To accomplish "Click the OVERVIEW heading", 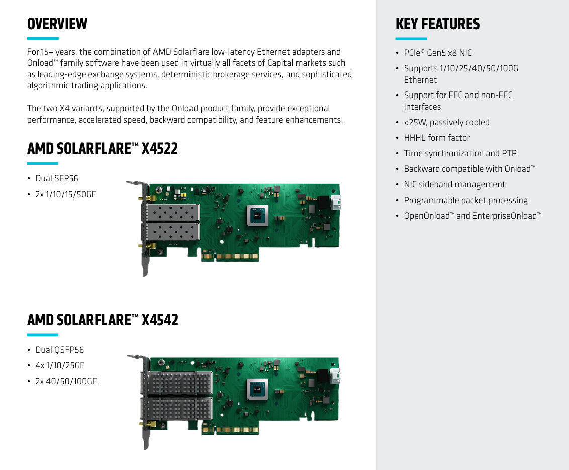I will (x=57, y=24).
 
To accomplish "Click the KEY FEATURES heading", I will (x=437, y=24).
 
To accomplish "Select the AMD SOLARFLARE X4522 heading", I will (x=103, y=148).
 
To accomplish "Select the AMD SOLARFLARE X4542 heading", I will (x=103, y=320).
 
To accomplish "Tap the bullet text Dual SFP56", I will (x=57, y=178).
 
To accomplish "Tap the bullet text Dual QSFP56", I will (x=59, y=350).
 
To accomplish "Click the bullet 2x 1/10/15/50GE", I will (x=66, y=194).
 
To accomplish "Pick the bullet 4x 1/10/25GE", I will (x=60, y=365).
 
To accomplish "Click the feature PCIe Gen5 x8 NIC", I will (x=438, y=53).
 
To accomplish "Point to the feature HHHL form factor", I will (x=437, y=138).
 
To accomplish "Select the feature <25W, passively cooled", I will (x=446, y=122).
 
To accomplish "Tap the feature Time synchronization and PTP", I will (x=460, y=153).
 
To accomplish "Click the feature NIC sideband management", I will (x=454, y=184).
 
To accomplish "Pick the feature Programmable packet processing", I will (x=465, y=200).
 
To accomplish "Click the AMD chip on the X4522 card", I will (x=257, y=216).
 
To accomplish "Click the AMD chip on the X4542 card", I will (x=257, y=389).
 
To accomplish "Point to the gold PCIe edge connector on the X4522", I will (x=230, y=256).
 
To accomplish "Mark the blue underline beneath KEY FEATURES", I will (x=411, y=39).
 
